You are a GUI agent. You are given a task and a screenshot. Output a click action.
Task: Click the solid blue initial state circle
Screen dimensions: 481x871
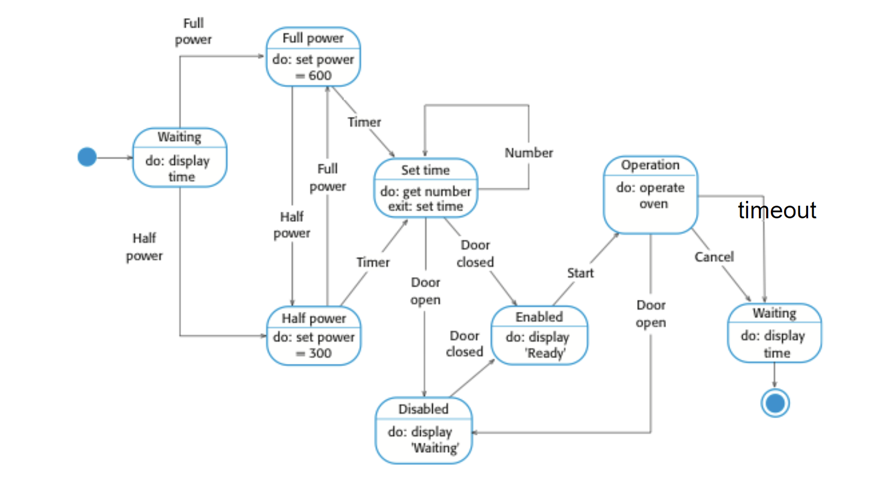87,158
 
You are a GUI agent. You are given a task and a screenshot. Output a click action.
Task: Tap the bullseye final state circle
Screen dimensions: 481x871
774,404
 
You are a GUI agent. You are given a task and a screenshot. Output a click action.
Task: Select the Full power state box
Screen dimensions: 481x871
313,57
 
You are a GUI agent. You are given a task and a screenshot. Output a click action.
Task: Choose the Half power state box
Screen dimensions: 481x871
314,336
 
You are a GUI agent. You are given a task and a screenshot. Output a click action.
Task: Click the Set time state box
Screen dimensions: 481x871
426,188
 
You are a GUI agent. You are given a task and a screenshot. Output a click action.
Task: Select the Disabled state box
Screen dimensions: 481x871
424,429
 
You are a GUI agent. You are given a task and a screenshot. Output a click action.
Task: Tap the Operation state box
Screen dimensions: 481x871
650,194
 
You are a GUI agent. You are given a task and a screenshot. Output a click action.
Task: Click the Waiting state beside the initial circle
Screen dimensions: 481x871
180,157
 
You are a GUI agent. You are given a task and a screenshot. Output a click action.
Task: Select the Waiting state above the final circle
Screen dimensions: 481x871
774,333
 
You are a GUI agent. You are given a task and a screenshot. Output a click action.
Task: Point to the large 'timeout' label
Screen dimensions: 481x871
777,211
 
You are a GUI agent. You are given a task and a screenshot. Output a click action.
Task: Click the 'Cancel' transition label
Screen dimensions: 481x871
714,257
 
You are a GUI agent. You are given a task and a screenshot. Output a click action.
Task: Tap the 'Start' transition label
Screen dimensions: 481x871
580,273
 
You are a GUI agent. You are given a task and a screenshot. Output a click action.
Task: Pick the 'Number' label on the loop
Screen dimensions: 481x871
528,153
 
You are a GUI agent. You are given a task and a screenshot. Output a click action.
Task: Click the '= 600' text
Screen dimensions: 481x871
313,76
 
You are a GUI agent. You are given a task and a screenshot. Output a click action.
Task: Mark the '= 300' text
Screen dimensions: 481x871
313,353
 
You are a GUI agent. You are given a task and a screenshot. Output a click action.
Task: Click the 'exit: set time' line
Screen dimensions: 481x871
426,206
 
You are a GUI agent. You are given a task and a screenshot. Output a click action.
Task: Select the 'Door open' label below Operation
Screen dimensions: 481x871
651,314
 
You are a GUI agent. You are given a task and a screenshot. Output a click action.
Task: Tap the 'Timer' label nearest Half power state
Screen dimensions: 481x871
373,262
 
